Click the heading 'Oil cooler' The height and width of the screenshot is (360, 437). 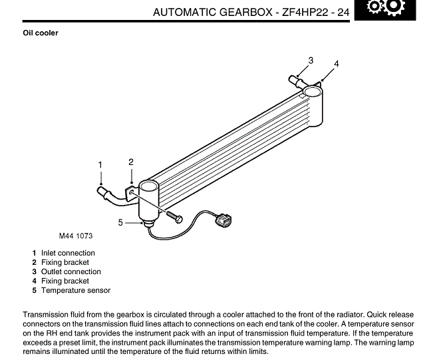[41, 33]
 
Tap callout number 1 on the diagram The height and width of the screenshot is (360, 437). [100, 164]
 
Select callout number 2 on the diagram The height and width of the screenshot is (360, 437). [131, 162]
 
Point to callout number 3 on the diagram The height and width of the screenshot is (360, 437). [311, 61]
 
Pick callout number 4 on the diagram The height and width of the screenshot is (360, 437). [337, 64]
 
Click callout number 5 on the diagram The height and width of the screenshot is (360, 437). [120, 223]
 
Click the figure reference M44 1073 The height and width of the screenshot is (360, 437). [75, 236]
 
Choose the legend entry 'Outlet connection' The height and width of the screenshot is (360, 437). [71, 271]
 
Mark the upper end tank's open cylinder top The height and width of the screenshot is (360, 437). [315, 85]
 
